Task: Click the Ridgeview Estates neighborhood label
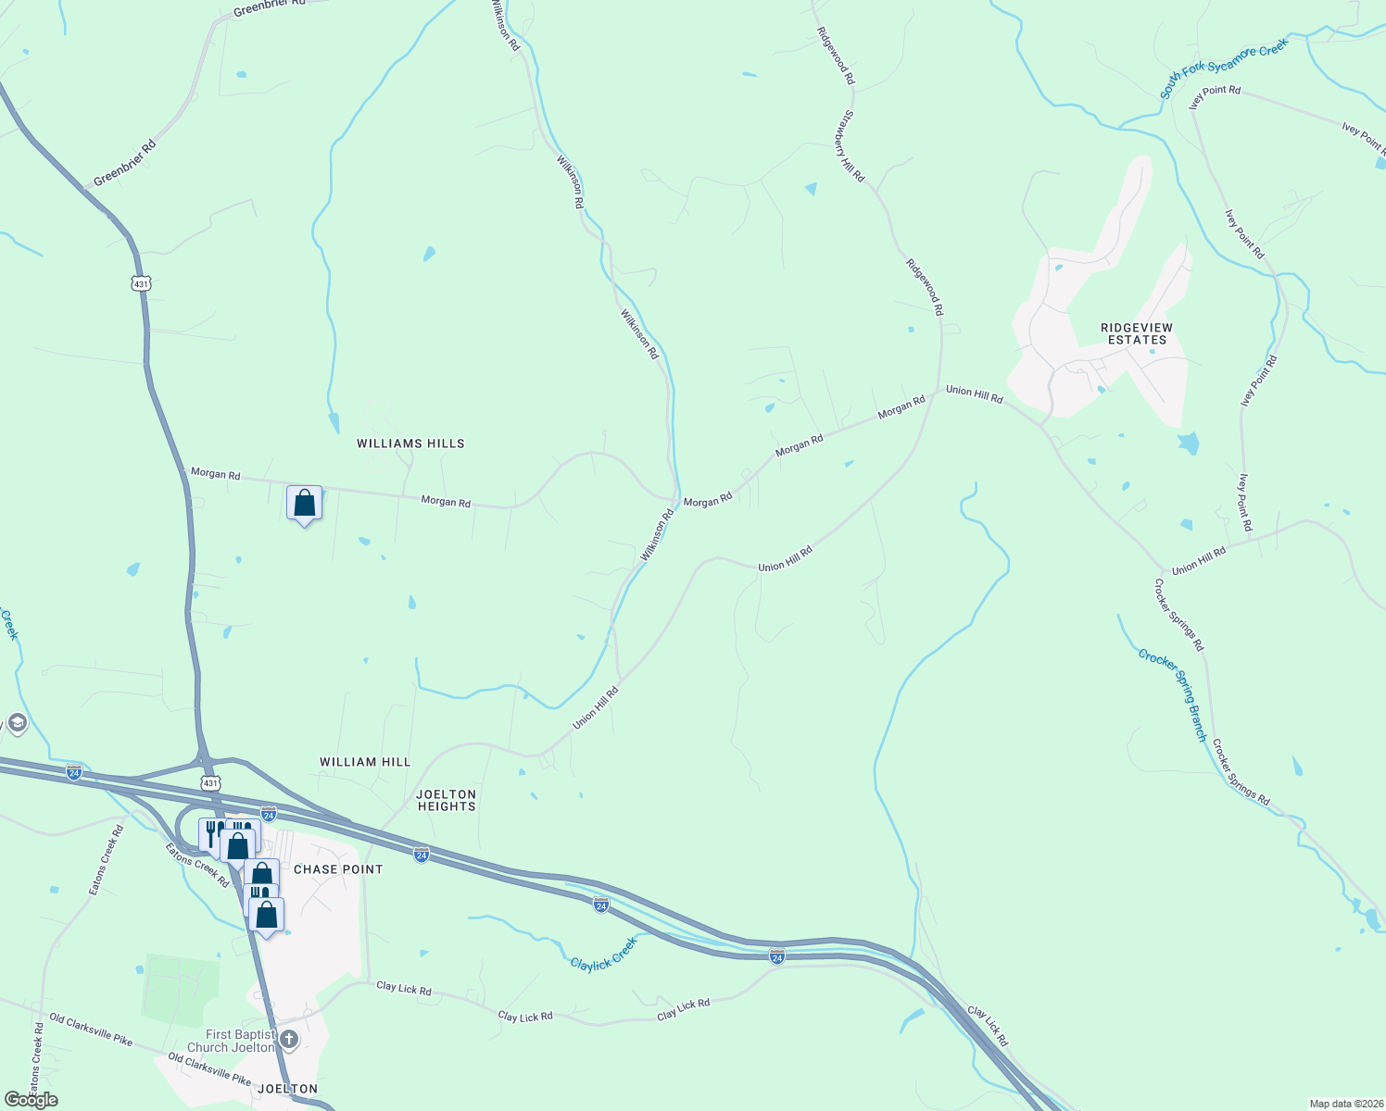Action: click(x=1137, y=334)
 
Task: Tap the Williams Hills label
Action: click(x=410, y=443)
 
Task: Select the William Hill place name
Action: click(x=365, y=762)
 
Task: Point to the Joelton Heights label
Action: click(x=447, y=800)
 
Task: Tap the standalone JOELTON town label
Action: click(x=287, y=1089)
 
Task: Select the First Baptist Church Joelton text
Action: click(x=240, y=1041)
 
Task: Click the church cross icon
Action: click(x=289, y=1040)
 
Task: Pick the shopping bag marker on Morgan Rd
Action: click(x=304, y=504)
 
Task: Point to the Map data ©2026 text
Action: click(x=1345, y=1104)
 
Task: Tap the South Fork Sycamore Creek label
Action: click(x=1224, y=68)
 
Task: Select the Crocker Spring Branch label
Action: click(x=1173, y=694)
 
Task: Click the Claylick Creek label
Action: click(x=604, y=954)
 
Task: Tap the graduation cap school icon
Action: click(x=17, y=722)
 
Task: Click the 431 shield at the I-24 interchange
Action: click(x=211, y=783)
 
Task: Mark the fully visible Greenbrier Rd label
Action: click(x=124, y=163)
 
